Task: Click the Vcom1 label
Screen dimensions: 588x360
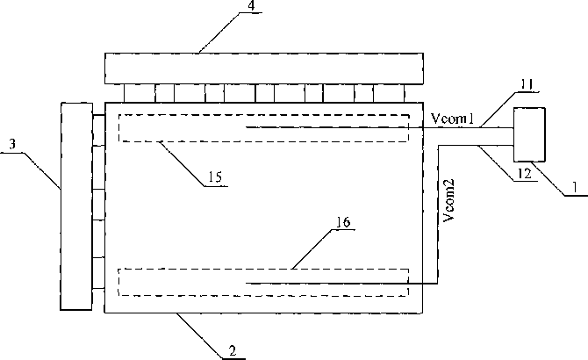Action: tap(453, 119)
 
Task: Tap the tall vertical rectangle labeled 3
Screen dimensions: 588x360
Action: tap(76, 205)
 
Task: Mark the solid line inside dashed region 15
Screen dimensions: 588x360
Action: tap(325, 128)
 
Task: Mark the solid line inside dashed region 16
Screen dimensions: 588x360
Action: tap(325, 283)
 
